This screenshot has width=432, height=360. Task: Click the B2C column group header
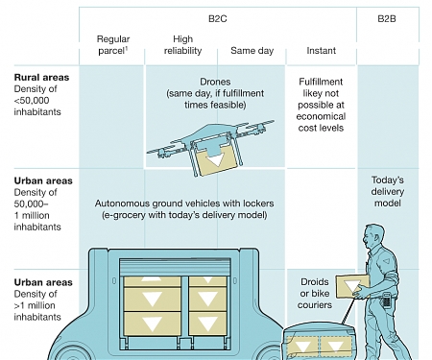click(x=217, y=16)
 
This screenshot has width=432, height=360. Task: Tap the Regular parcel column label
click(x=113, y=44)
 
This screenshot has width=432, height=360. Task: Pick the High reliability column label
click(x=183, y=44)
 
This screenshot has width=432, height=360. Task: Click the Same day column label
click(x=252, y=49)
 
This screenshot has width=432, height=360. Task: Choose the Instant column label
click(x=320, y=49)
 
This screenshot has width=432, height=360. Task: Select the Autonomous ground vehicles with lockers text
click(x=183, y=209)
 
